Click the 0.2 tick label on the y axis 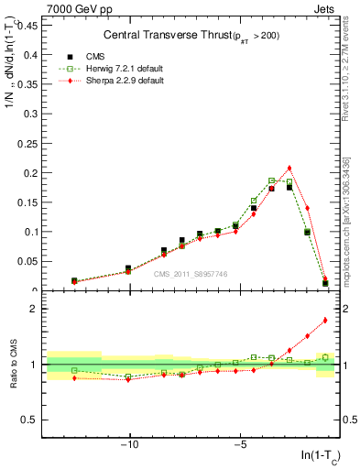(30, 172)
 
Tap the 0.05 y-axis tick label (28, 261)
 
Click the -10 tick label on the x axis (130, 444)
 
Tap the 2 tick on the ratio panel (36, 309)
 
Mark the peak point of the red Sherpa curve (289, 168)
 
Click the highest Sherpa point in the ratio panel (325, 320)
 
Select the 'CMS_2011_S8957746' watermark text (191, 274)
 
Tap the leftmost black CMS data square (74, 280)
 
